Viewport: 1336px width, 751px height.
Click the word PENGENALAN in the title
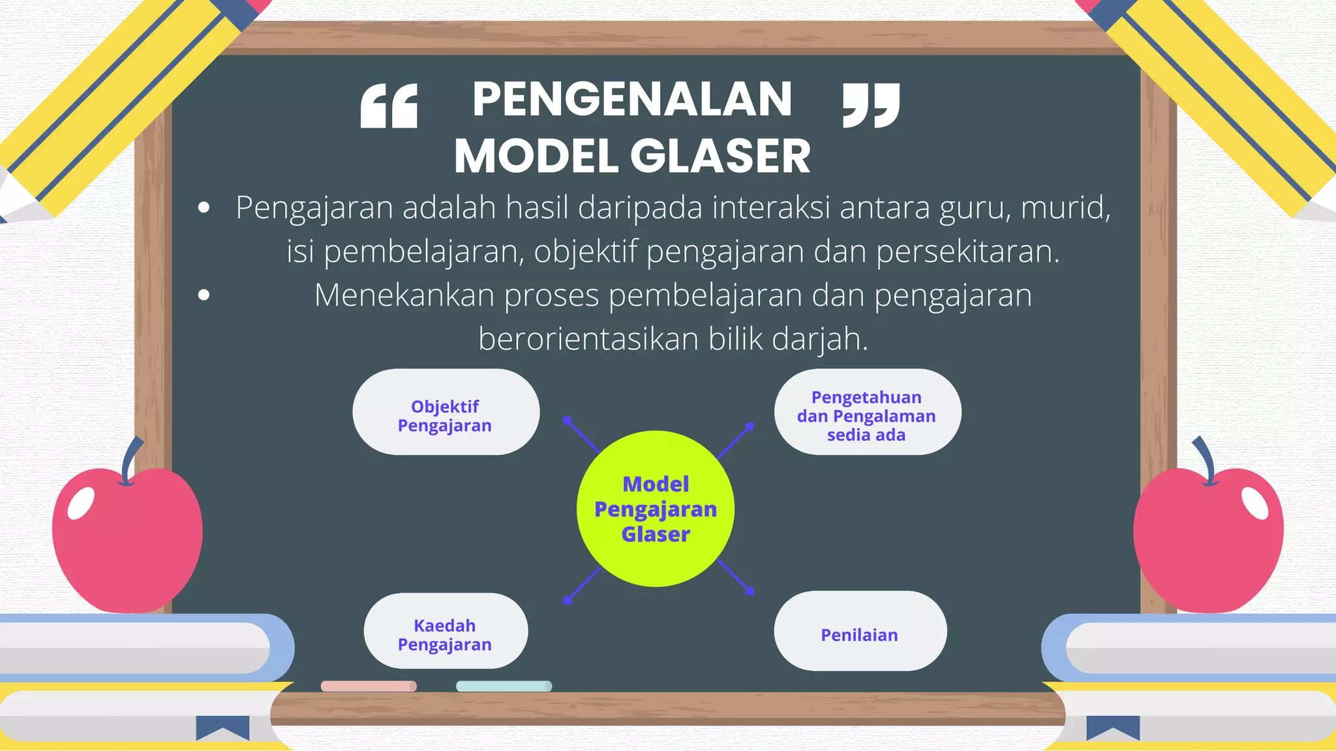click(x=631, y=100)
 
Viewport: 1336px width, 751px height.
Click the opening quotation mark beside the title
click(x=389, y=106)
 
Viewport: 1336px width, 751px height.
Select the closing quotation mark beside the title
click(x=871, y=105)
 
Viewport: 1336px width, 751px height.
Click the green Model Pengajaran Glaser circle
click(x=655, y=508)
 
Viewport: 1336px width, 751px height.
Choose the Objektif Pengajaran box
click(x=446, y=412)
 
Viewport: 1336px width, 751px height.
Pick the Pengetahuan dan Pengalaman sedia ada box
click(x=867, y=412)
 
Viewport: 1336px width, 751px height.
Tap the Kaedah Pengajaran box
click(x=446, y=631)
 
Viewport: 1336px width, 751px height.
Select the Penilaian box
click(x=859, y=631)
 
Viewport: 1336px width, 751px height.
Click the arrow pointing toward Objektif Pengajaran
click(x=580, y=434)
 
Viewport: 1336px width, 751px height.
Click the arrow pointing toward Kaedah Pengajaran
click(x=582, y=585)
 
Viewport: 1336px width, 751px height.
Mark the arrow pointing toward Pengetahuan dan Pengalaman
click(x=736, y=440)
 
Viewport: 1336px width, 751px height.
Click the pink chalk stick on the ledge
click(x=369, y=686)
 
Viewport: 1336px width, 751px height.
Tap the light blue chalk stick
click(x=504, y=686)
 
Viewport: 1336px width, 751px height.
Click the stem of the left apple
click(x=130, y=460)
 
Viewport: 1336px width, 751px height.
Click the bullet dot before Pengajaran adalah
click(x=204, y=208)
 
